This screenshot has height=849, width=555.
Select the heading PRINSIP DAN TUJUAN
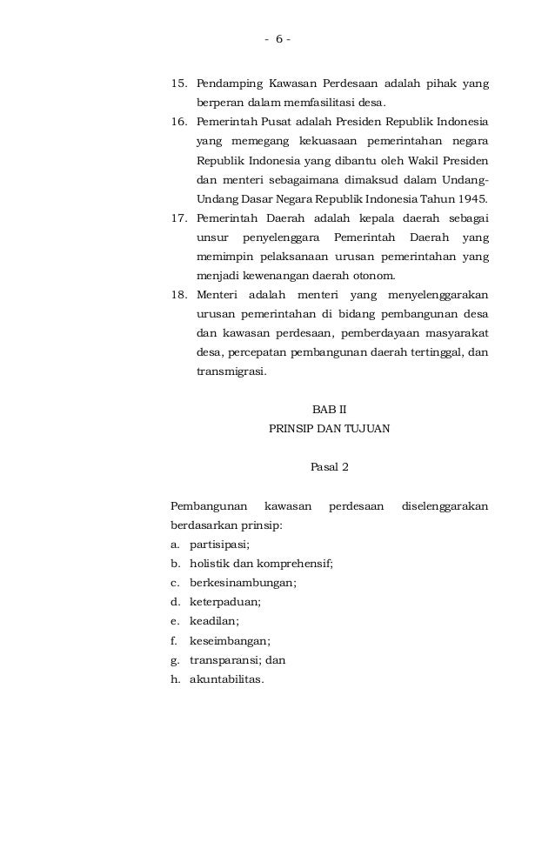[329, 429]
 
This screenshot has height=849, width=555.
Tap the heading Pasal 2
[329, 467]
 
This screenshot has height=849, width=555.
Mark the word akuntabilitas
[224, 679]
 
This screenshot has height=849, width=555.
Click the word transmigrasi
[231, 371]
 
